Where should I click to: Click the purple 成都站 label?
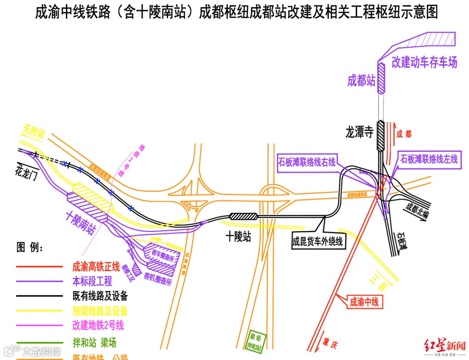[x=361, y=80]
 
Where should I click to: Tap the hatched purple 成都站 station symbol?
[x=381, y=78]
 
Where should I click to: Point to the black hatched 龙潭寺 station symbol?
[x=380, y=135]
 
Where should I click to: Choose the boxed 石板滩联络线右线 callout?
[x=307, y=162]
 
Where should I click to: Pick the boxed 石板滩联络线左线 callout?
[x=429, y=159]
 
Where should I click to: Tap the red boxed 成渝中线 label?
[x=364, y=301]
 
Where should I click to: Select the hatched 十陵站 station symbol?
[x=243, y=216]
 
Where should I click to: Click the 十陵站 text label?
[x=238, y=237]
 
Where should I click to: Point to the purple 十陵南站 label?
[x=81, y=222]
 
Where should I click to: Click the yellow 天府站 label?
[x=33, y=132]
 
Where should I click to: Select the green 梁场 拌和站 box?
[x=255, y=341]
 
